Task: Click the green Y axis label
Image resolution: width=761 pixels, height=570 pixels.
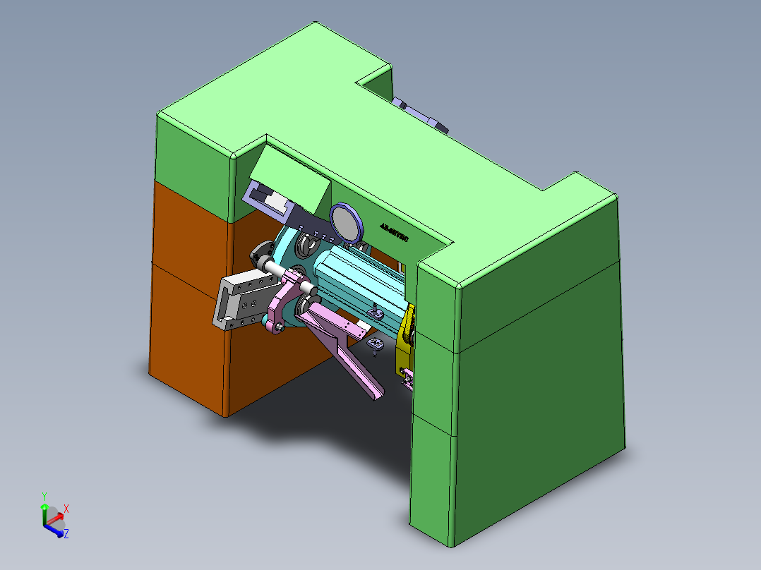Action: [x=44, y=496]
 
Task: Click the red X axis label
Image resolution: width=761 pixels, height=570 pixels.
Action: [x=66, y=508]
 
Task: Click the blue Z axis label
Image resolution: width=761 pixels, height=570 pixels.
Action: [x=66, y=534]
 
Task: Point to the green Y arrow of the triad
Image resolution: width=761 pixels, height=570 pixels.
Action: [x=44, y=509]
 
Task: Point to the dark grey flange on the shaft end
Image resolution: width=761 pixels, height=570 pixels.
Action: [x=262, y=250]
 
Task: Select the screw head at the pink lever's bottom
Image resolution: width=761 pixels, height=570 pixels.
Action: [x=281, y=327]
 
